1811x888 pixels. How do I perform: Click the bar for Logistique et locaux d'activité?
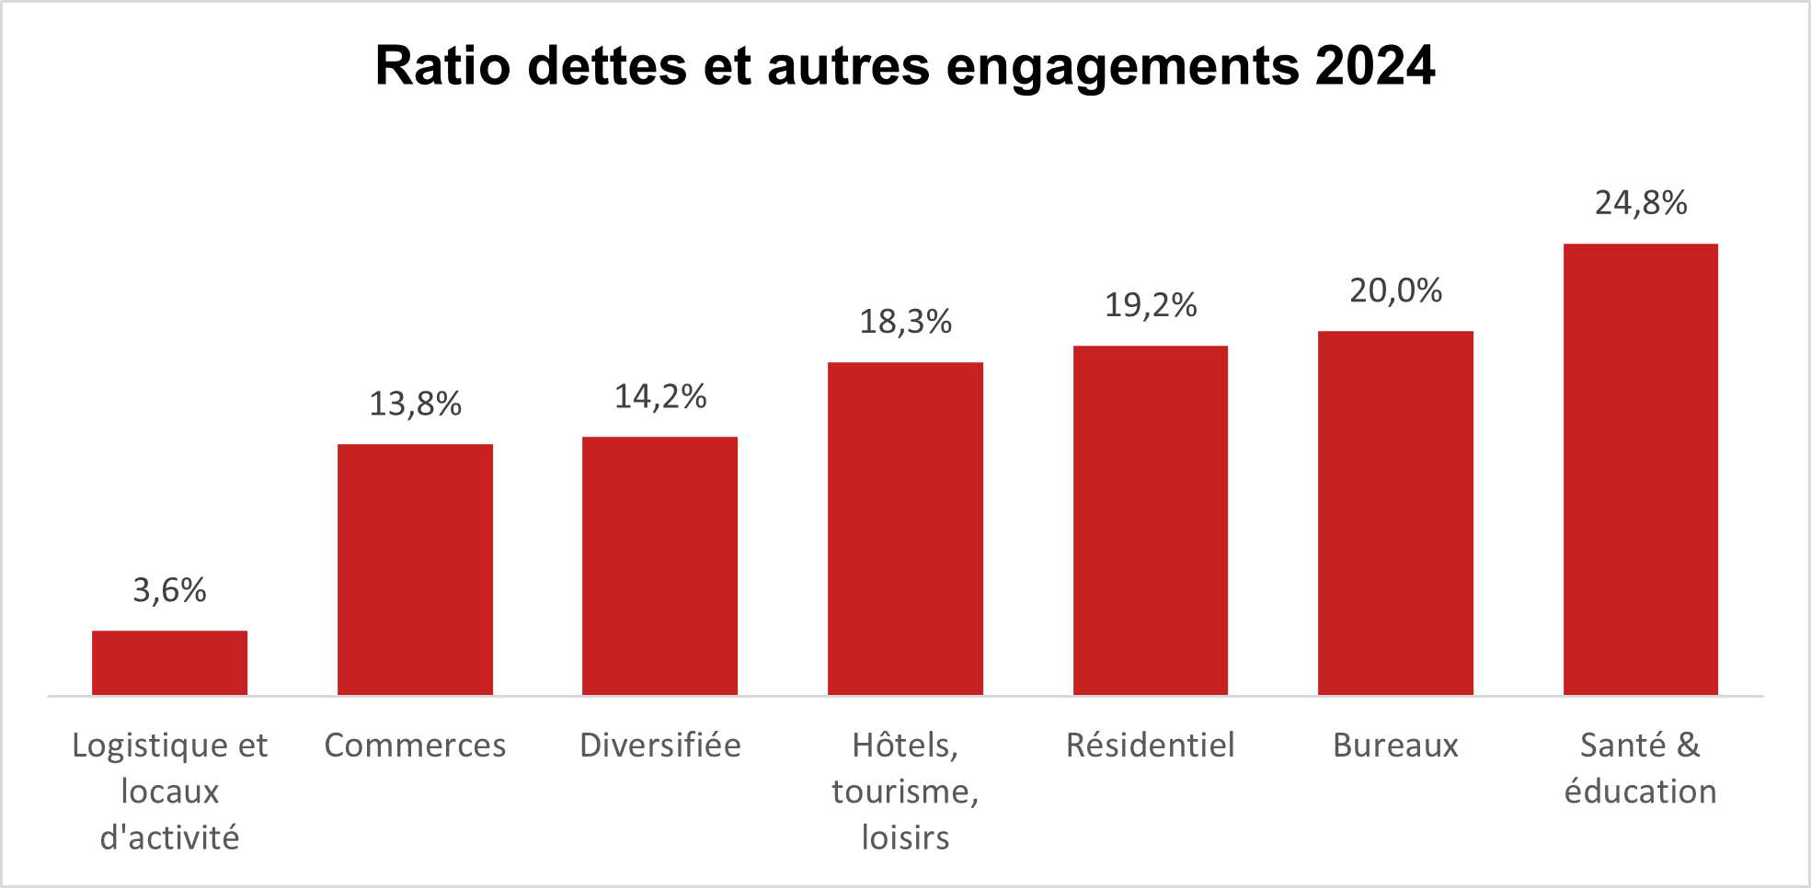tap(169, 663)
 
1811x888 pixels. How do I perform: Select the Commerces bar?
tap(415, 569)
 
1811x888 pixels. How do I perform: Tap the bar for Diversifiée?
tap(659, 565)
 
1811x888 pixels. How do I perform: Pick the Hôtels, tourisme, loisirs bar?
tap(905, 529)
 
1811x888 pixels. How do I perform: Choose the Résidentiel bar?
tap(1150, 520)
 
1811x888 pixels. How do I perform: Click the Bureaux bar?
tap(1395, 513)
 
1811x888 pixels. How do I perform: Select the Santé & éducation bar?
tap(1640, 469)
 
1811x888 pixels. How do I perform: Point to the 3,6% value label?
tap(169, 590)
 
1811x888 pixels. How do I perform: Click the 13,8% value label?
tap(415, 404)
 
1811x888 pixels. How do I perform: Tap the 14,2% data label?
tap(659, 396)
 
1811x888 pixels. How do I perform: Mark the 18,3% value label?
tap(905, 322)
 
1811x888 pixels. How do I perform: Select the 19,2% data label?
tap(1150, 305)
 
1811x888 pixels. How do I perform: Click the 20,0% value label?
tap(1395, 290)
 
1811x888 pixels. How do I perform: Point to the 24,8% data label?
tap(1640, 203)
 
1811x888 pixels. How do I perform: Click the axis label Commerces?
tap(415, 745)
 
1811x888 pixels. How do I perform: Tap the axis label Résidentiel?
tap(1150, 745)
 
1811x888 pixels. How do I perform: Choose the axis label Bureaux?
tap(1395, 745)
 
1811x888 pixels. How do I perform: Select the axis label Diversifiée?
tap(659, 745)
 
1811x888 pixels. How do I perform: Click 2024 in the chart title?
tap(1374, 66)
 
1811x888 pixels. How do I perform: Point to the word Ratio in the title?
tap(442, 66)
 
